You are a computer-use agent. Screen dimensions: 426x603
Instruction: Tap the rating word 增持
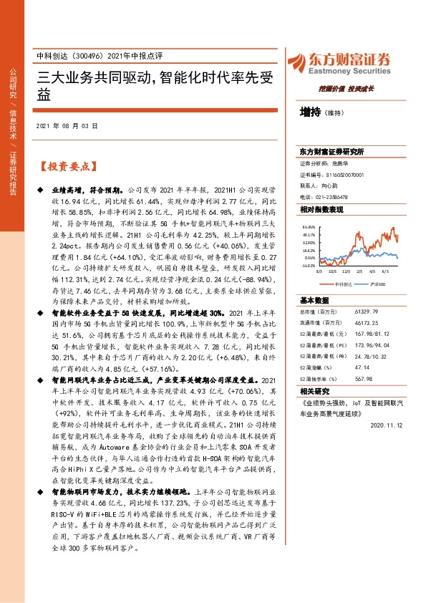[311, 112]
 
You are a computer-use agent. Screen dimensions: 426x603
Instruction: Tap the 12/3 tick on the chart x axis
[347, 272]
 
